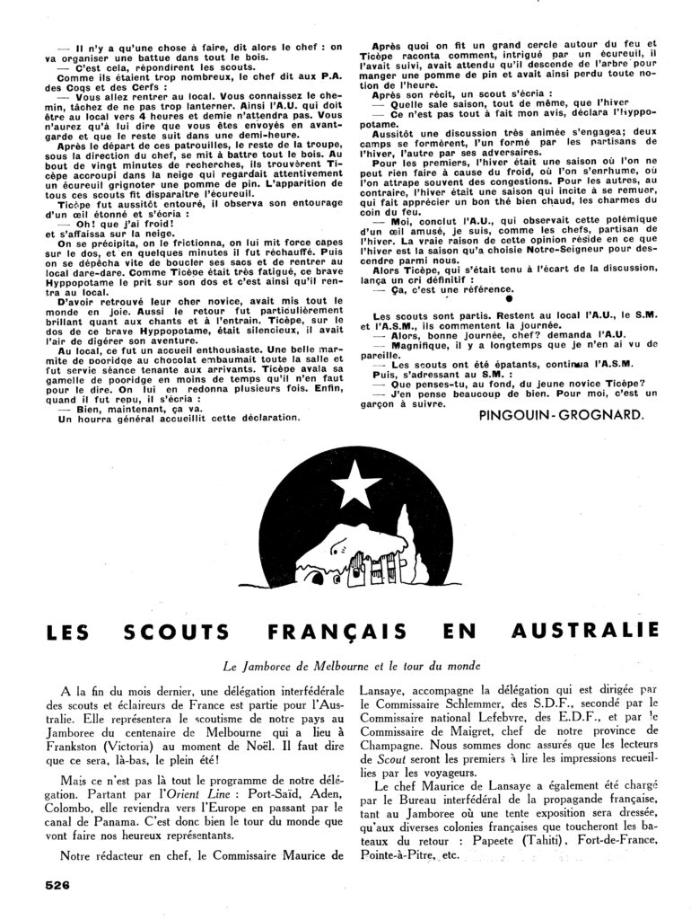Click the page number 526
[x=57, y=884]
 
